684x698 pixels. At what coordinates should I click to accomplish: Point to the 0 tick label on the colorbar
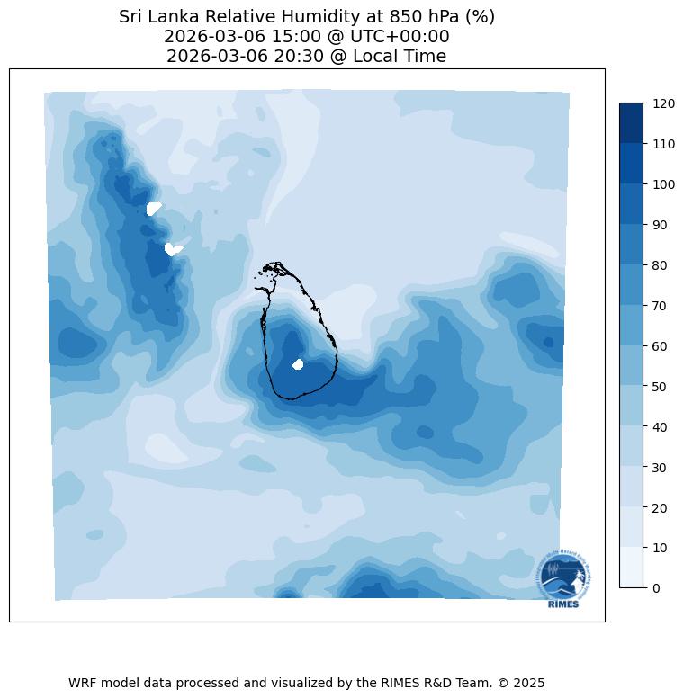click(657, 588)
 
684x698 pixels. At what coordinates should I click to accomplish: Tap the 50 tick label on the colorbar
click(661, 386)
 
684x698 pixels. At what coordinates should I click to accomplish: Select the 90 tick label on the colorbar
click(661, 225)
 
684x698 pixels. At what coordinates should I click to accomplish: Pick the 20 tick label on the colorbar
click(661, 507)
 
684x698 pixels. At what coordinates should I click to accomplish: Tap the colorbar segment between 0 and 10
click(632, 568)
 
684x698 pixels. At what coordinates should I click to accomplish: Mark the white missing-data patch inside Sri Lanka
click(299, 364)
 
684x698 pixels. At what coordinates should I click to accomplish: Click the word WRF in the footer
click(84, 683)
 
